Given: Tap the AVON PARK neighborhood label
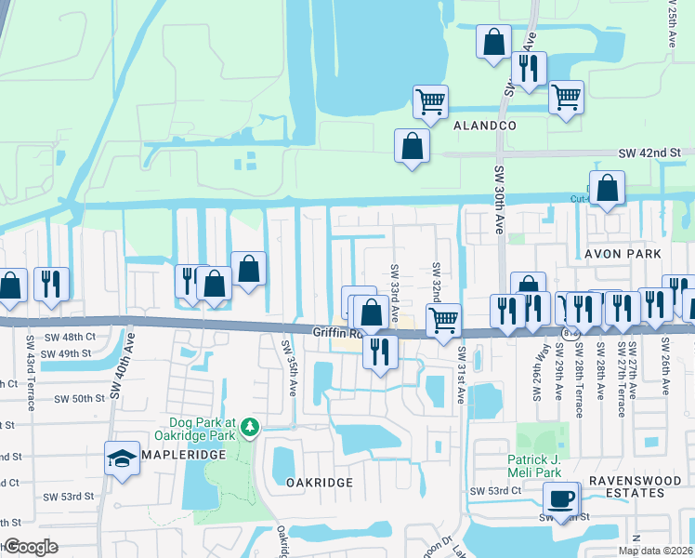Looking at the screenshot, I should [x=623, y=253].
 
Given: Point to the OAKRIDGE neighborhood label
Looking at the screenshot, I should [x=319, y=483].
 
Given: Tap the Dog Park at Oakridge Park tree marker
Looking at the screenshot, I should [x=249, y=427].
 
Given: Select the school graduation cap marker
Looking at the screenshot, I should [x=123, y=458].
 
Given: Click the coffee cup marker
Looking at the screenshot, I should [x=562, y=499].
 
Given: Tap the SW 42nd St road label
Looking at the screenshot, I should [x=650, y=152].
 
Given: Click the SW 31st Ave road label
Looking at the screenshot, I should [x=461, y=375].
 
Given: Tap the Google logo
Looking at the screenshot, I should [x=31, y=547].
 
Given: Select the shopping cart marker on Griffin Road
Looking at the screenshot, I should [x=443, y=320].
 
